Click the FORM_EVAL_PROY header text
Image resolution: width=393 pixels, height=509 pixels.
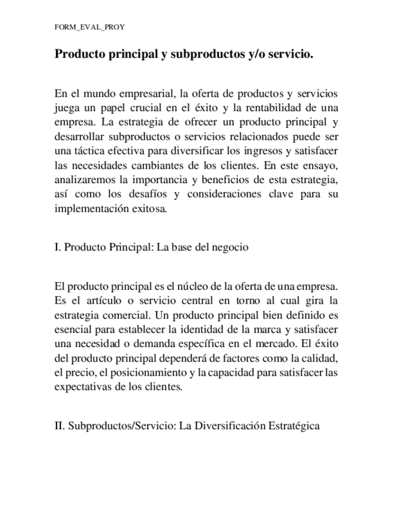pos(89,28)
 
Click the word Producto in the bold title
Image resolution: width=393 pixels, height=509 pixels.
pos(80,54)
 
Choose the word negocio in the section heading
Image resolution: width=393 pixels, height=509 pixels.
pos(229,247)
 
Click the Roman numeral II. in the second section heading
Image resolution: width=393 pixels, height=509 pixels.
pos(59,426)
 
